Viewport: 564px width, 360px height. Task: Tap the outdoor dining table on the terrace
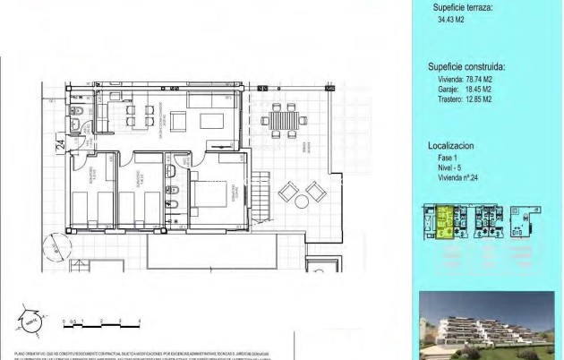283,118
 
